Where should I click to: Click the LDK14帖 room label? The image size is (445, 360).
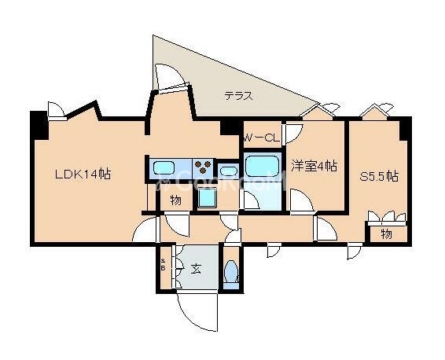(82, 174)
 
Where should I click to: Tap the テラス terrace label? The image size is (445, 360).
(238, 97)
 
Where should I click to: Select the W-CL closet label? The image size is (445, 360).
(261, 138)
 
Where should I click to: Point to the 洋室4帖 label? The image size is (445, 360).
(314, 166)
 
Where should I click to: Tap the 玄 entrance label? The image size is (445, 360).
(196, 269)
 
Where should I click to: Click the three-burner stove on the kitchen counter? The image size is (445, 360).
(203, 167)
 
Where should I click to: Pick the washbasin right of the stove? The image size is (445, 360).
(228, 170)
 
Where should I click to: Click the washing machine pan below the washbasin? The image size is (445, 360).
(208, 198)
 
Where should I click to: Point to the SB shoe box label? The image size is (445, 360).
(164, 264)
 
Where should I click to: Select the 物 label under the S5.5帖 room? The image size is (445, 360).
(386, 234)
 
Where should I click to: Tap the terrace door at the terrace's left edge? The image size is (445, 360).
(171, 79)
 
